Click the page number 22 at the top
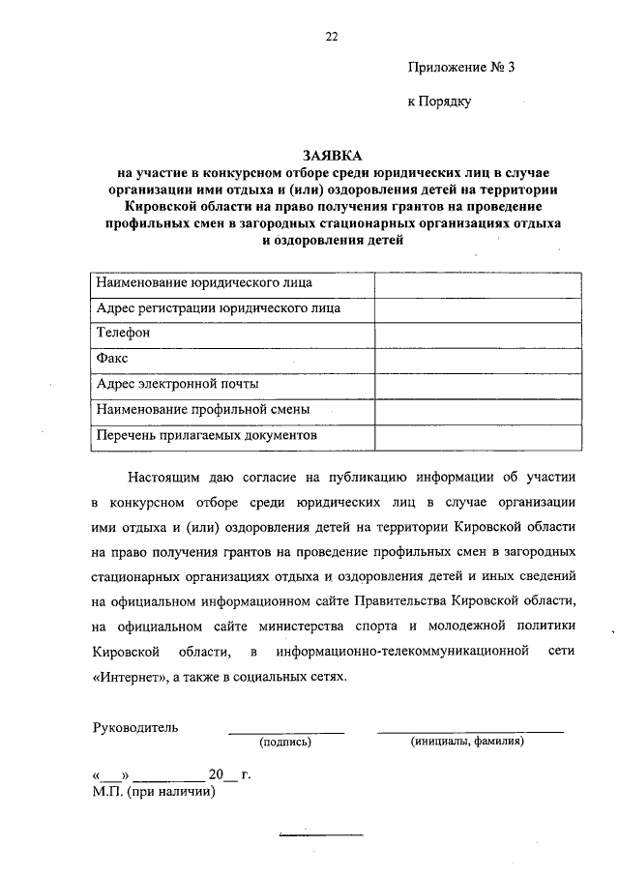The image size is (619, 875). pyautogui.click(x=332, y=37)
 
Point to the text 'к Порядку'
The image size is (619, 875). pyautogui.click(x=438, y=100)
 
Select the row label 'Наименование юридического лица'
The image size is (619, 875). pyautogui.click(x=205, y=283)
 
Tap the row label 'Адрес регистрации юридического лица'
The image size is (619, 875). pyautogui.click(x=219, y=308)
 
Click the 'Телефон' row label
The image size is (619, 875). pyautogui.click(x=124, y=334)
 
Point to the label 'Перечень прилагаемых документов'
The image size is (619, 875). pyautogui.click(x=207, y=435)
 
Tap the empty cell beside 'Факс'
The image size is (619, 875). pyautogui.click(x=479, y=360)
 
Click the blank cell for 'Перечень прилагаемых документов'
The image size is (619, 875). pyautogui.click(x=479, y=436)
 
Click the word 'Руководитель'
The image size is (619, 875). pyautogui.click(x=135, y=727)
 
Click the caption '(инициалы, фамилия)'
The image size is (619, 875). pyautogui.click(x=467, y=742)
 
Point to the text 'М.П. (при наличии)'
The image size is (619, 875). pyautogui.click(x=153, y=792)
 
